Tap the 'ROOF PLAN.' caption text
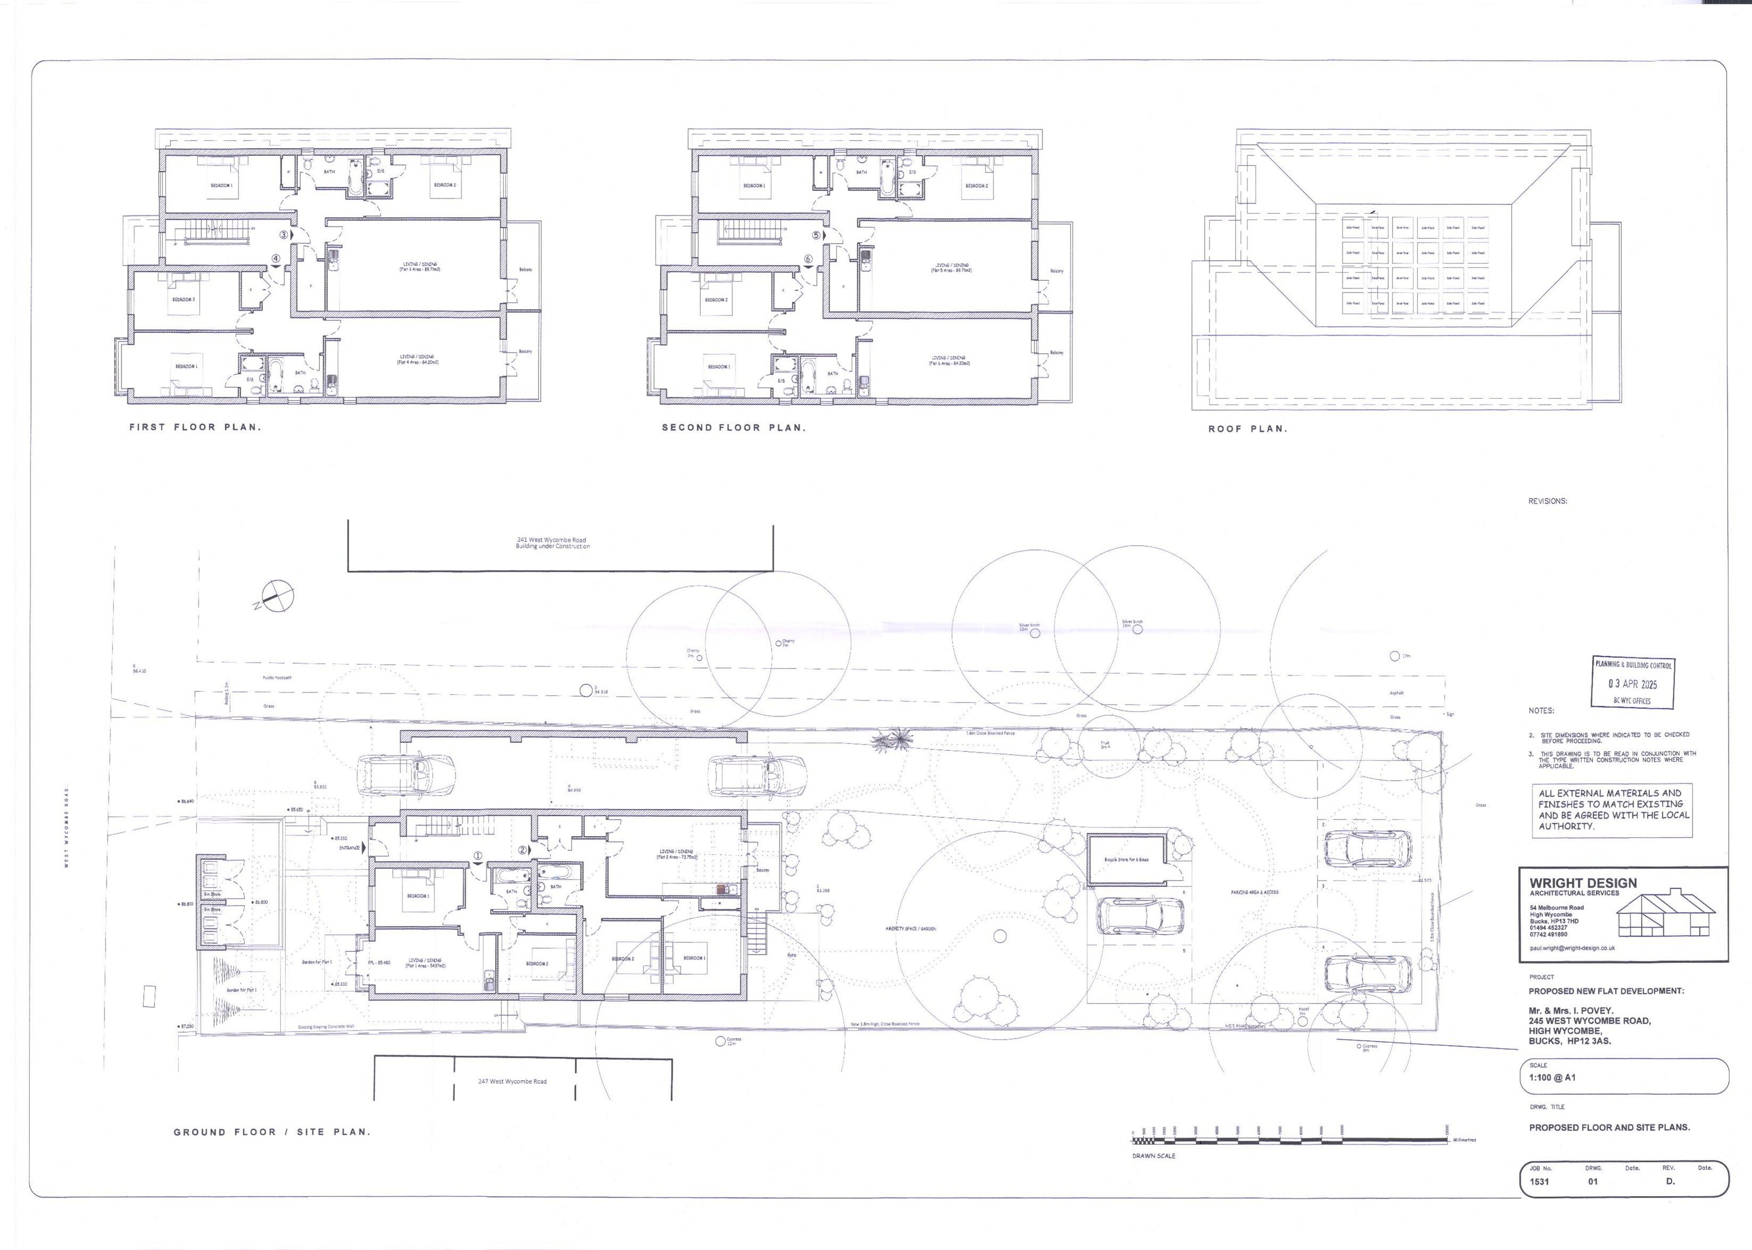coord(1247,429)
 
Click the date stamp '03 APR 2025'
coord(1632,684)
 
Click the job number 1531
coord(1539,1182)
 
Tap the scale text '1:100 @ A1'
coord(1552,1078)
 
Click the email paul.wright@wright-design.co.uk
coord(1572,948)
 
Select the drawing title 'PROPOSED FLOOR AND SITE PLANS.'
coord(1609,1127)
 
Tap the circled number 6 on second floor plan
coord(808,259)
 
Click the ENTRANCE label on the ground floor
coord(349,848)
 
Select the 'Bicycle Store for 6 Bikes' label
coord(1126,859)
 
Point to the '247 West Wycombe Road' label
coord(512,1081)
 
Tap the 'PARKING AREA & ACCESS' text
coord(1254,892)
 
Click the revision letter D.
coord(1670,1182)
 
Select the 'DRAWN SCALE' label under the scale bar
coord(1153,1156)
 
